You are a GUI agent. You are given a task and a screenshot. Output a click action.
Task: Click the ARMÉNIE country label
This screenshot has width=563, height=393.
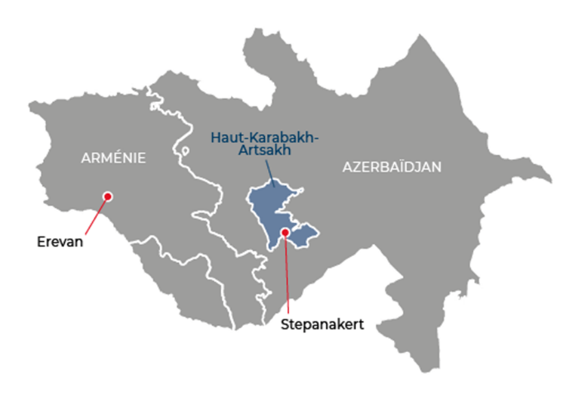114,158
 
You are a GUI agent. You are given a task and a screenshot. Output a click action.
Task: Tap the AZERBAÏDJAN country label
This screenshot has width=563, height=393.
392,167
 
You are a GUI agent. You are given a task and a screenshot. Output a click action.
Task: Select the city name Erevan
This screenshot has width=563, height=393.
58,243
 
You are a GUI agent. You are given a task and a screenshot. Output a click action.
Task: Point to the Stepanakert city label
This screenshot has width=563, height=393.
322,325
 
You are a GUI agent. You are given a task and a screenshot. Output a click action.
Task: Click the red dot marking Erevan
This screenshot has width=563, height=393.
108,196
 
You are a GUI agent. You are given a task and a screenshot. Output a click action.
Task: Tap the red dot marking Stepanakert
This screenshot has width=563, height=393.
285,232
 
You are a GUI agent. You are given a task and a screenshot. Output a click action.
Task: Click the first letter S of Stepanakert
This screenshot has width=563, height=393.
285,325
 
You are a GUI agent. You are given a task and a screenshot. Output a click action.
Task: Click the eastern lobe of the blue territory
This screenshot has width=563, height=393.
306,233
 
